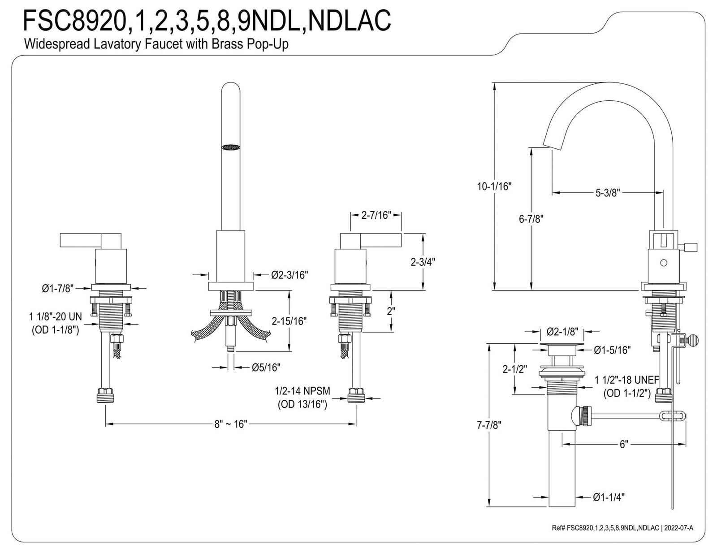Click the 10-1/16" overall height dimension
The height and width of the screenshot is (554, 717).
(x=494, y=186)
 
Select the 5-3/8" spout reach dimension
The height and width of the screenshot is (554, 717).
(x=607, y=193)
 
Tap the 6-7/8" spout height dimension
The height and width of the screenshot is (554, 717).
(x=531, y=219)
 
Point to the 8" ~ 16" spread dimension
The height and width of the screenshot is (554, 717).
(x=230, y=424)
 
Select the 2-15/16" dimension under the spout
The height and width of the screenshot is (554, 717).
(x=289, y=321)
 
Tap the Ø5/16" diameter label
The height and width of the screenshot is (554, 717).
(x=266, y=368)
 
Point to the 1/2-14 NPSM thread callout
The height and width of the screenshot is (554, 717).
(x=302, y=391)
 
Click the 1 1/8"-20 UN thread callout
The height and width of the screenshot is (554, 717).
(x=56, y=317)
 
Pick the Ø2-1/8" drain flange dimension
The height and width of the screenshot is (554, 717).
(x=562, y=332)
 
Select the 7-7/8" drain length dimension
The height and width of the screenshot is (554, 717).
(x=488, y=425)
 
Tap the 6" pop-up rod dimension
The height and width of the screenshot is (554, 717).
(x=624, y=444)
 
